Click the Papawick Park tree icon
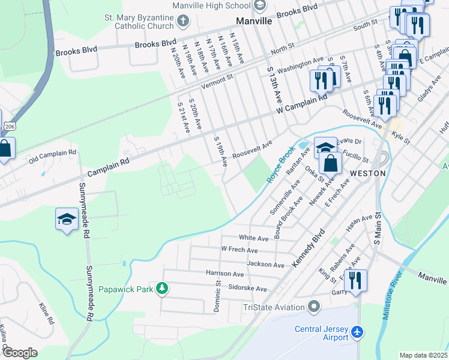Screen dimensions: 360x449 tap(161, 289)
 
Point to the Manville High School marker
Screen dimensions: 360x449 tap(260, 6)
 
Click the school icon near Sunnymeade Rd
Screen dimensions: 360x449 tap(67, 220)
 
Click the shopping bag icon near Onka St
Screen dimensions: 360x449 tap(331, 163)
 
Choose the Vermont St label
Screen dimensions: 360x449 tap(217, 82)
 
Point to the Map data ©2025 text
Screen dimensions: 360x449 tap(423, 355)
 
